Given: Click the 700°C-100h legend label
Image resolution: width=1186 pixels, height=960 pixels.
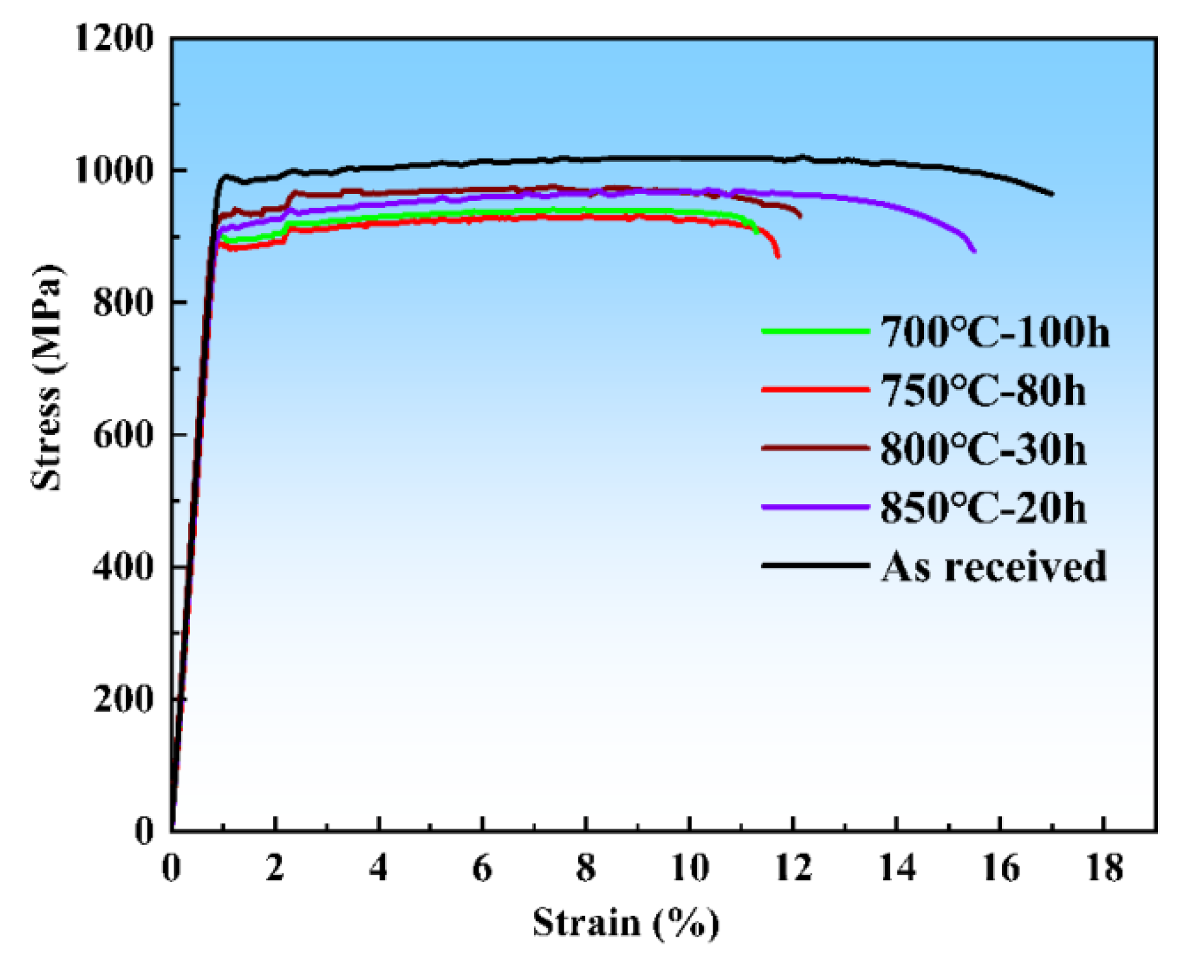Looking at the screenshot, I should click(994, 332).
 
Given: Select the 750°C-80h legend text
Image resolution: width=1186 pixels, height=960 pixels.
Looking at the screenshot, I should click(982, 391).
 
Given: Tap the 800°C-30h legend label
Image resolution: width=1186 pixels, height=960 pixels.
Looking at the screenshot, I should click(982, 449).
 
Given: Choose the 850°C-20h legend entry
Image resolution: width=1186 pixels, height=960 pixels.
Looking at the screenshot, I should click(982, 507).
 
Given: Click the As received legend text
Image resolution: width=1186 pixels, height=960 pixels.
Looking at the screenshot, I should click(993, 566).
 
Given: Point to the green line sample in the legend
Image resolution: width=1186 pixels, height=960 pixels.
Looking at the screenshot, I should click(815, 331).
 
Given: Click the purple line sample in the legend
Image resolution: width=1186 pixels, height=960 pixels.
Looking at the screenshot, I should click(815, 507).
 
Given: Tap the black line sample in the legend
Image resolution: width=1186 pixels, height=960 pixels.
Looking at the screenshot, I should click(815, 565).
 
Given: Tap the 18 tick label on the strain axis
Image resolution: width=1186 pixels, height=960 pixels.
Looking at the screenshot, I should click(1104, 868).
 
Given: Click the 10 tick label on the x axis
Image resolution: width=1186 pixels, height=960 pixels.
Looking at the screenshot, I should click(689, 868).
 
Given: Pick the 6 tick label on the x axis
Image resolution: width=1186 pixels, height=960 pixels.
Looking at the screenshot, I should click(482, 868).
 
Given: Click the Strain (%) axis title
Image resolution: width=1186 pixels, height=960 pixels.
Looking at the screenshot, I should click(626, 922).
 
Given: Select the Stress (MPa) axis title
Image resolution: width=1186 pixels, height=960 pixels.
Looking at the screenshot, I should click(47, 377).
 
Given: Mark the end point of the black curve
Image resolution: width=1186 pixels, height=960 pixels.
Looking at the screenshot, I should click(1052, 194).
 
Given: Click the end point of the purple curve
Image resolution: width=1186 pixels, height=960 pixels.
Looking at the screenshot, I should click(974, 250).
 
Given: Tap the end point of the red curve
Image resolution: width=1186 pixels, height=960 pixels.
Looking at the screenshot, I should click(778, 256).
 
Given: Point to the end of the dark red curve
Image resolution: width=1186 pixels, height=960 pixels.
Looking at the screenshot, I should click(800, 216).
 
